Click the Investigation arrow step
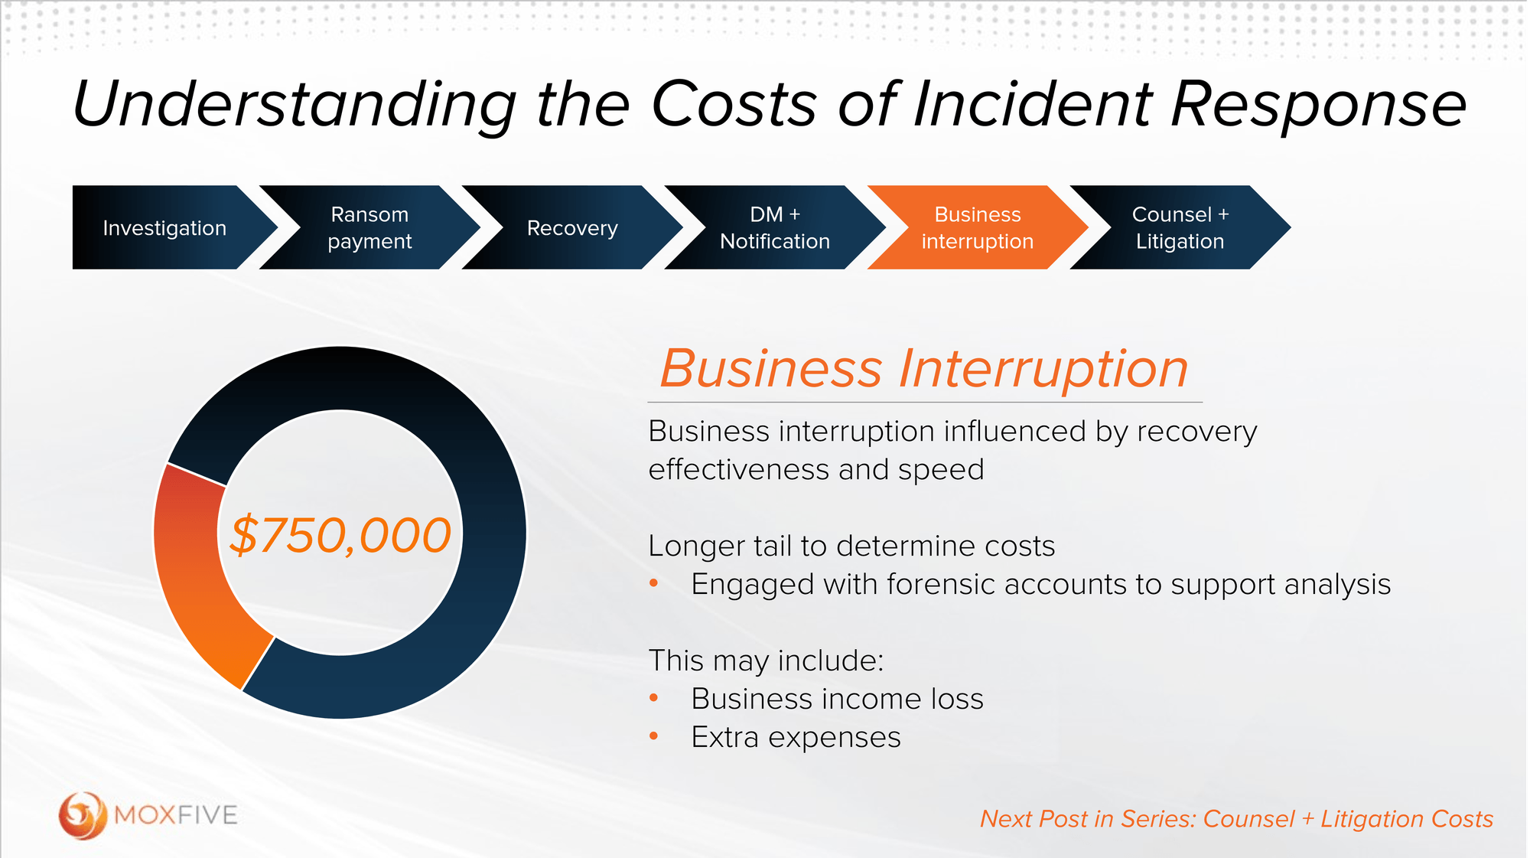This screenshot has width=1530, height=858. pos(164,227)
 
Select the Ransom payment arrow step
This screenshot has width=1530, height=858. pos(369,227)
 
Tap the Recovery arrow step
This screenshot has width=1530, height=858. pos(572,227)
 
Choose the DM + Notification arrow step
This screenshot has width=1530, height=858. pos(774,227)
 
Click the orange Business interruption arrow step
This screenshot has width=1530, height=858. pos(977,227)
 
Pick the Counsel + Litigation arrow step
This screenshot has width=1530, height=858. pos(1180,227)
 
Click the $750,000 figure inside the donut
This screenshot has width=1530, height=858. pos(340,534)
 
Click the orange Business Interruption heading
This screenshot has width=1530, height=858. pos(923,369)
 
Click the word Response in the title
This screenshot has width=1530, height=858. pos(1317,105)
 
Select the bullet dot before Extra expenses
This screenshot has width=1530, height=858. pos(653,736)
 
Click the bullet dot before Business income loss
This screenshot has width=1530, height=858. pos(653,698)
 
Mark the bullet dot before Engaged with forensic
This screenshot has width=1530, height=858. pos(653,583)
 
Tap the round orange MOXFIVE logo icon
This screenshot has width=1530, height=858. pos(82,815)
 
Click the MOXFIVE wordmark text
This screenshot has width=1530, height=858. pos(176,815)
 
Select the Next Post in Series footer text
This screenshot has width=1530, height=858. pos(1236,819)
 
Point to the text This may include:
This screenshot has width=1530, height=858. pos(766,661)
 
